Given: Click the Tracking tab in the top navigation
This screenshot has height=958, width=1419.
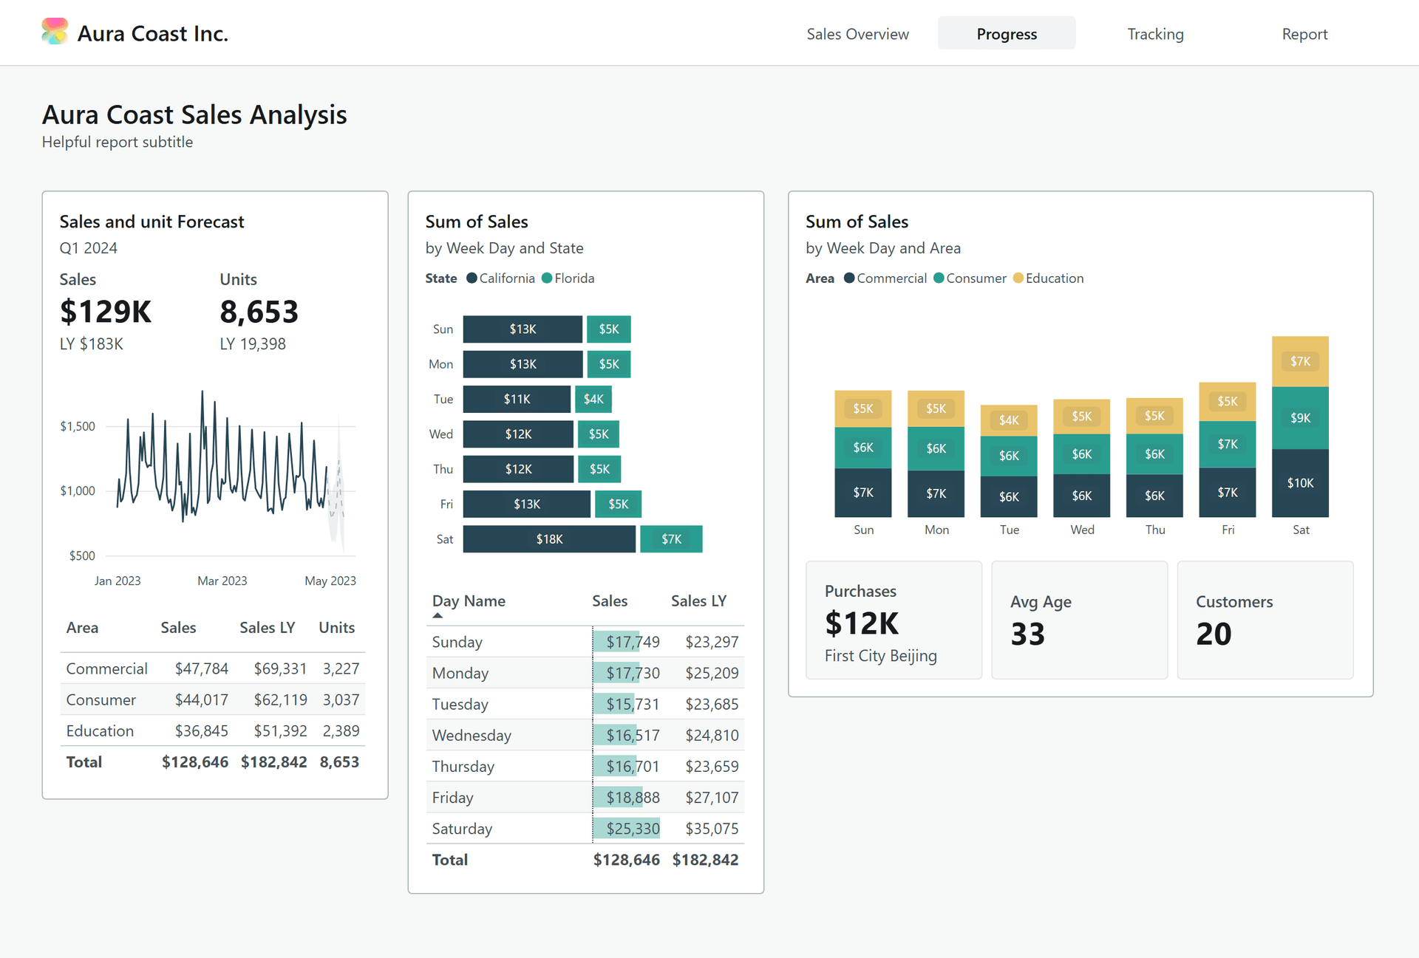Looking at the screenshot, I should coord(1155,34).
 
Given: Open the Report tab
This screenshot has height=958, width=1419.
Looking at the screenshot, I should coord(1304,34).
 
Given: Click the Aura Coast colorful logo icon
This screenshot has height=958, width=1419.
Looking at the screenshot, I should coord(55,32).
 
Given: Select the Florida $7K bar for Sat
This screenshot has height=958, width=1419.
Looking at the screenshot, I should coord(671,539).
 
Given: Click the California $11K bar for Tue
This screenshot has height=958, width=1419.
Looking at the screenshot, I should coord(517,399).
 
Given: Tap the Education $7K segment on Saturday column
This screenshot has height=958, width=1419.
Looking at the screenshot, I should coord(1300,361).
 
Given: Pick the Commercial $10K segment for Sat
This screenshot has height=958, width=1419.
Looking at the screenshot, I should coord(1300,483).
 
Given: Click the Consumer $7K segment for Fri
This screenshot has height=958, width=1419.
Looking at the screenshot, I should coord(1227,444).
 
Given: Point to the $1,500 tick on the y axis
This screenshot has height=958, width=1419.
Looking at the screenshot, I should coord(78,426).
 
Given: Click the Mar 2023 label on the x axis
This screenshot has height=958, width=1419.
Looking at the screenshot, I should coord(222,581).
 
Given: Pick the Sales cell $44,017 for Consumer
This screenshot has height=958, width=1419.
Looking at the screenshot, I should coord(201,699).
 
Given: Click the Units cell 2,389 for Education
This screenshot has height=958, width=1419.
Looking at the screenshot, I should coord(341,731).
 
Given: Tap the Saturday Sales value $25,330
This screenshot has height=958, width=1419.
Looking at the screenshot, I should coord(633,829).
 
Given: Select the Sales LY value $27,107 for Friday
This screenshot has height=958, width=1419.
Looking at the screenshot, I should coord(711,798).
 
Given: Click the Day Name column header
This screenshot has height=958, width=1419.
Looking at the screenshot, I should coord(469,601).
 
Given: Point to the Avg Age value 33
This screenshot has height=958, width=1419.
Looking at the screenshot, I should coord(1027,634).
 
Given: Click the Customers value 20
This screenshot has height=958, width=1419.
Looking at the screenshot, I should coord(1214,634).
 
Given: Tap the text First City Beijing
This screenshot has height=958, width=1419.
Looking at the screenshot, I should coord(880,656).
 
